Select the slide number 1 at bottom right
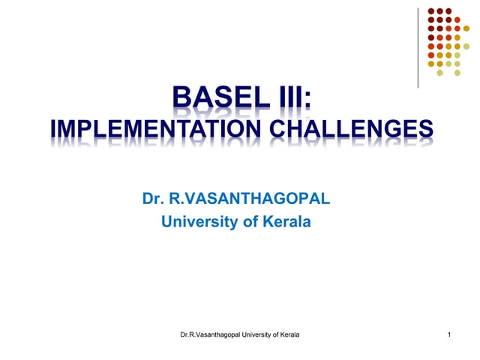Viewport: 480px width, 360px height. point(448,333)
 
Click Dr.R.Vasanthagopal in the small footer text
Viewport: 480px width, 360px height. point(213,333)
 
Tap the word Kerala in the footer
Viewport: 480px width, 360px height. point(287,333)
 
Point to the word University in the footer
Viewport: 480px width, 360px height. point(259,333)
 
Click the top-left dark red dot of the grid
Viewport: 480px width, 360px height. point(430,11)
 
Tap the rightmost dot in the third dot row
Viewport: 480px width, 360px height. point(466,29)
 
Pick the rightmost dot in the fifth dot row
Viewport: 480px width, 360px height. point(466,46)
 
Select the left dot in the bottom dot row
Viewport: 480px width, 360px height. point(439,73)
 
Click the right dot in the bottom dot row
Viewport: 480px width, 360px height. point(457,73)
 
